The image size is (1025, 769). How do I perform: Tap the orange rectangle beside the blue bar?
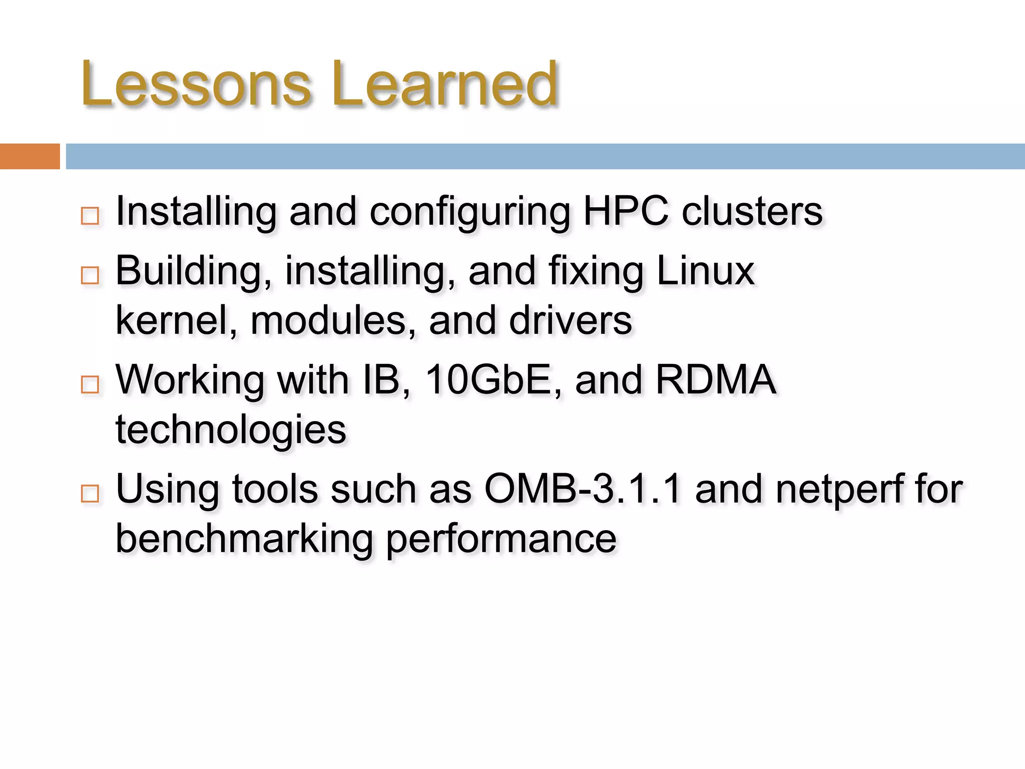(x=30, y=156)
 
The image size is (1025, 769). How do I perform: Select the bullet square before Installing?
(x=90, y=216)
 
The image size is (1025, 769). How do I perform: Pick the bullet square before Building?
(x=90, y=275)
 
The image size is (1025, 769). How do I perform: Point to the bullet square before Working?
(x=90, y=384)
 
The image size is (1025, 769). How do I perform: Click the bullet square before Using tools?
(x=90, y=494)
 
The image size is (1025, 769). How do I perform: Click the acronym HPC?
(x=626, y=211)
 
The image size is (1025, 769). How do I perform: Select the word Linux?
(x=705, y=271)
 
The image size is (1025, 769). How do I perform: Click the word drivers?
(x=571, y=320)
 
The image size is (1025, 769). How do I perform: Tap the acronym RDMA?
(x=716, y=380)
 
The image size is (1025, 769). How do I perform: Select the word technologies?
(x=231, y=430)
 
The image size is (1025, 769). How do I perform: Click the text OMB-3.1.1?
(x=583, y=489)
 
